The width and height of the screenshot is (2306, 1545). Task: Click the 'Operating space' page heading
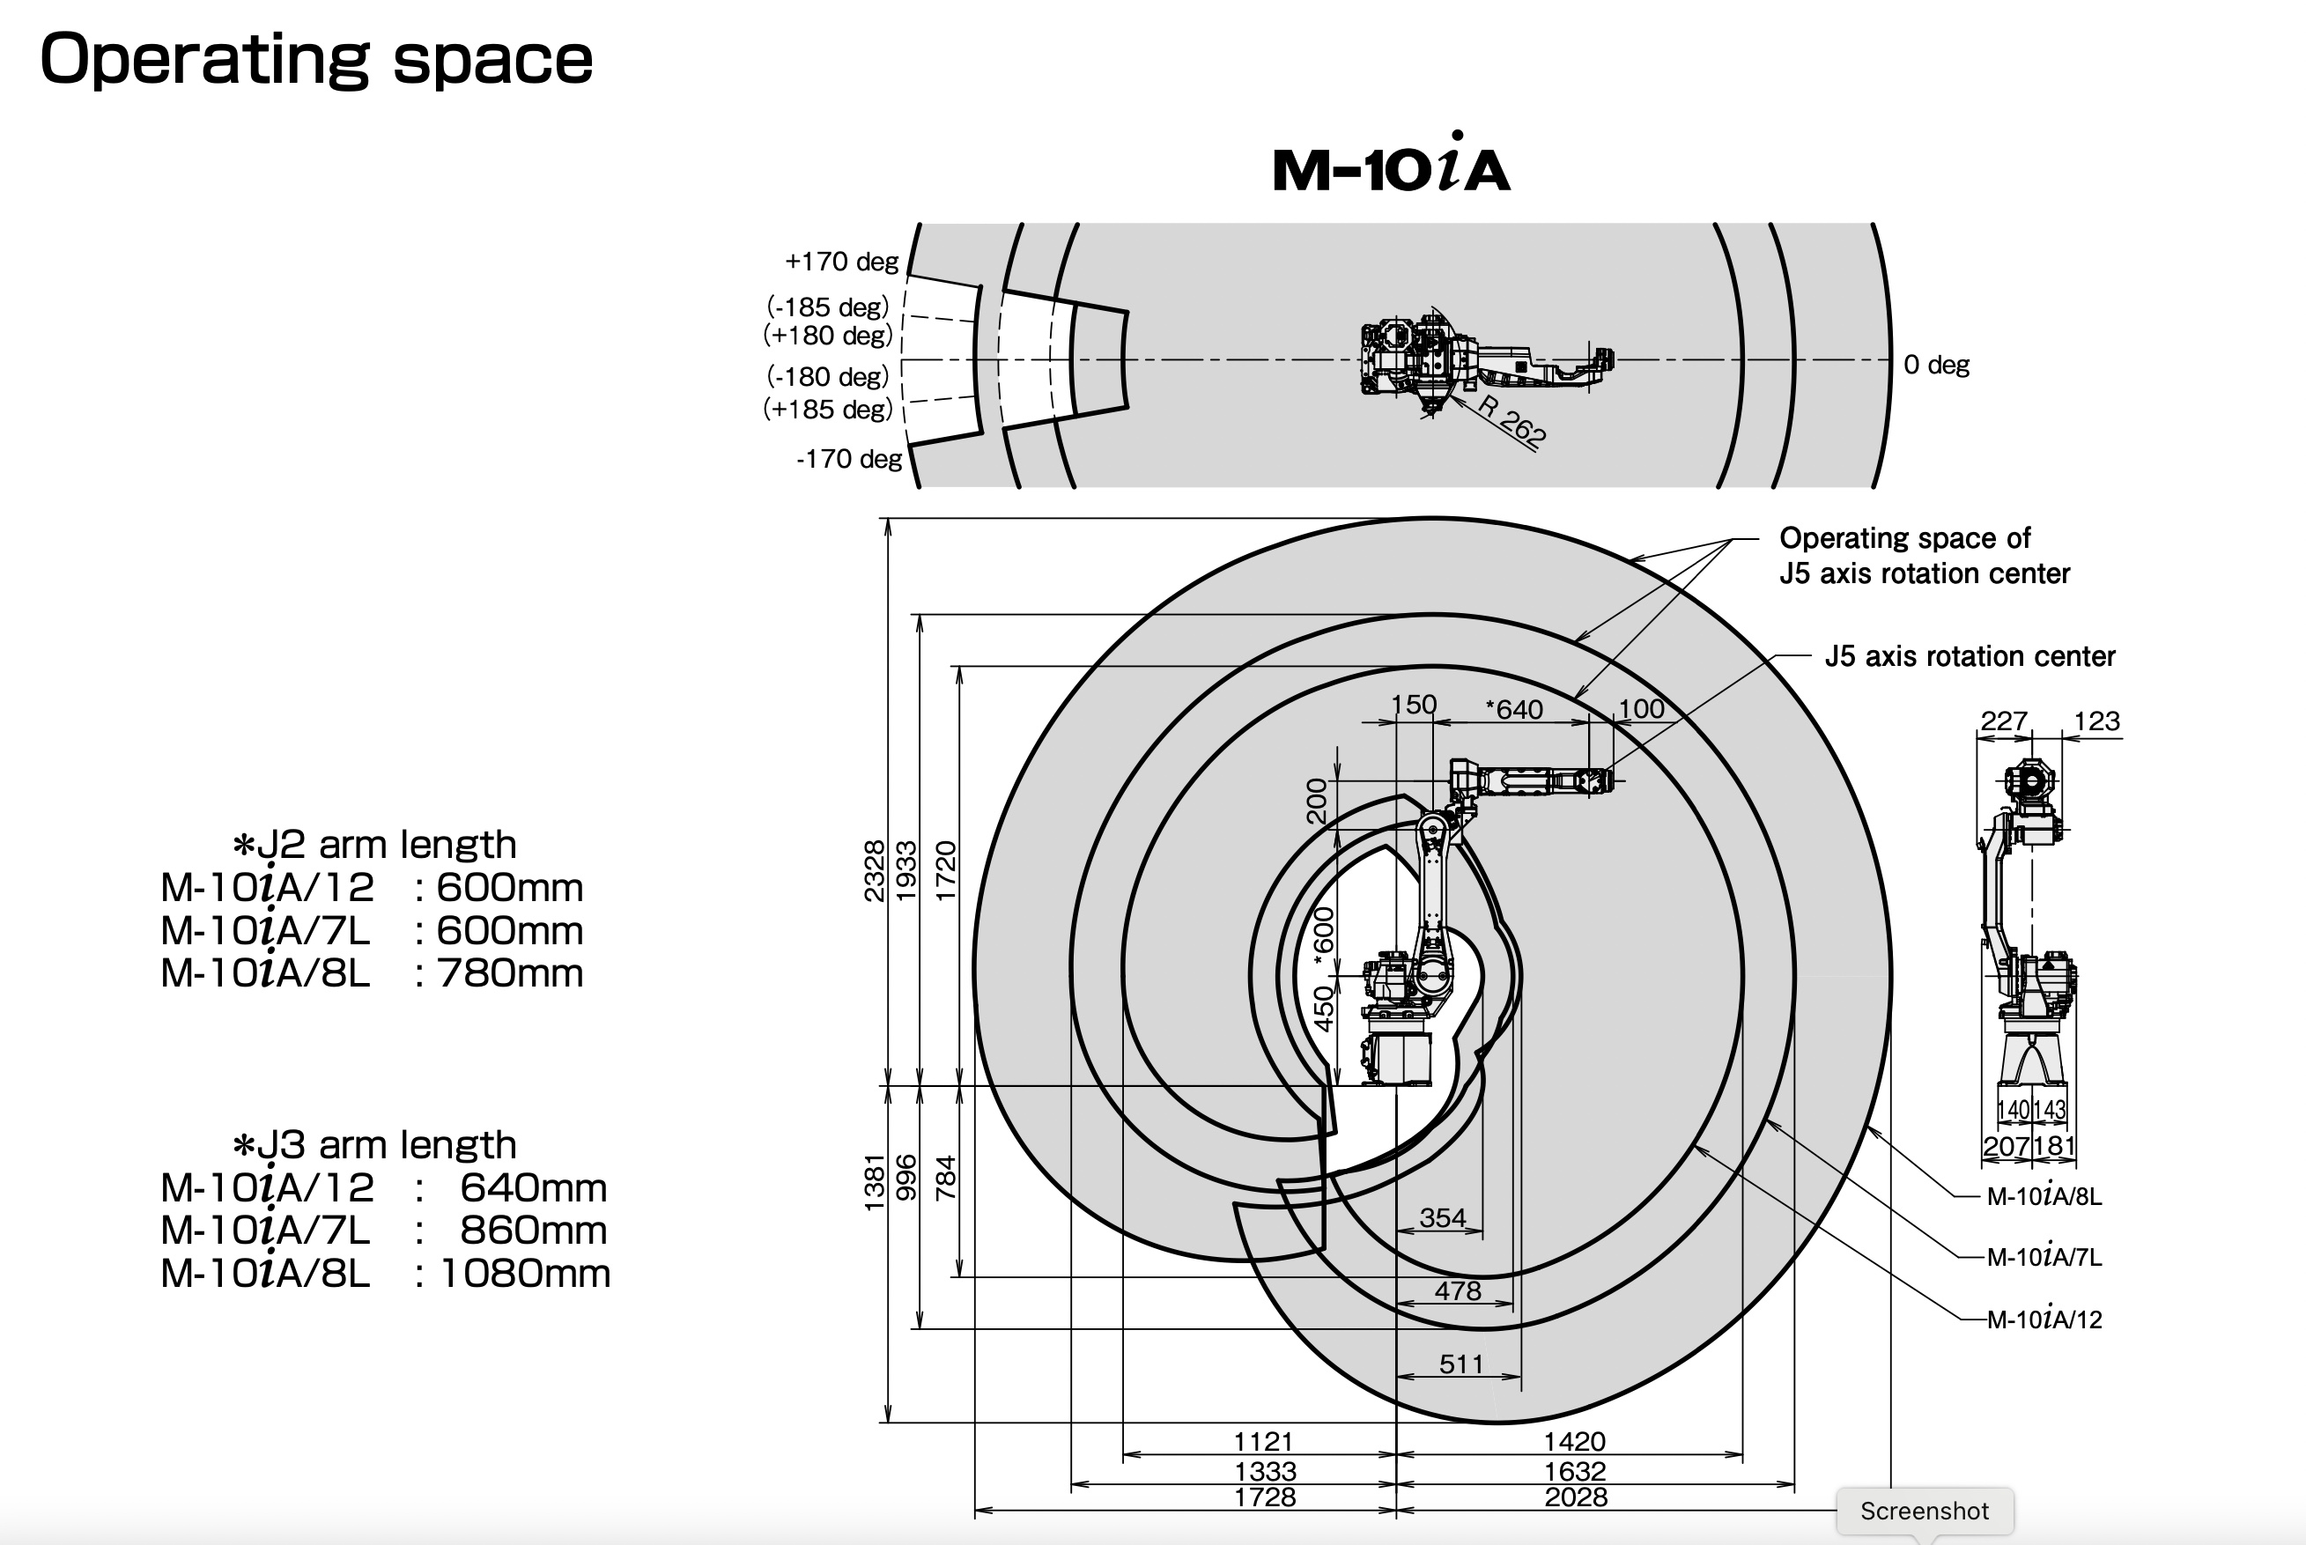pyautogui.click(x=315, y=59)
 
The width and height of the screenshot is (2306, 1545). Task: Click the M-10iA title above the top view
pyautogui.click(x=1391, y=167)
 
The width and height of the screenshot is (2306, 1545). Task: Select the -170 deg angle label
pyautogui.click(x=848, y=459)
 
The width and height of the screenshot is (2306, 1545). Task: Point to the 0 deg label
pyautogui.click(x=1936, y=365)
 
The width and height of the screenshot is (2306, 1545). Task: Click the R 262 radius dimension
pyautogui.click(x=1512, y=422)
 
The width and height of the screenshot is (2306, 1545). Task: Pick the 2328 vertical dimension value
pyautogui.click(x=874, y=871)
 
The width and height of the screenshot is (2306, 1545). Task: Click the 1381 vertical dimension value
pyautogui.click(x=874, y=1182)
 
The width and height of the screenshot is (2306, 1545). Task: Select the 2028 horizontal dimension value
pyautogui.click(x=1575, y=1497)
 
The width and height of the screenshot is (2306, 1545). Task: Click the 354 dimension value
pyautogui.click(x=1442, y=1218)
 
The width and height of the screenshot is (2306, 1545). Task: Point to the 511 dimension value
pyautogui.click(x=1460, y=1364)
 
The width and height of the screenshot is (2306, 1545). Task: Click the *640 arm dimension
pyautogui.click(x=1514, y=709)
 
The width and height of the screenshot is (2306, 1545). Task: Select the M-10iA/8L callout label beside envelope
pyautogui.click(x=2044, y=1196)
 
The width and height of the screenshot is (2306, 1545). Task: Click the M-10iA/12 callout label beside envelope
pyautogui.click(x=2044, y=1320)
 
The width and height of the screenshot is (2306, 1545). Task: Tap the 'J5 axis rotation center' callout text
pyautogui.click(x=1970, y=656)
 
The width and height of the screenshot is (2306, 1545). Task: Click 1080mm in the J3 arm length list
pyautogui.click(x=524, y=1274)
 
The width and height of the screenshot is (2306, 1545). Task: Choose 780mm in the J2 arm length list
pyautogui.click(x=509, y=973)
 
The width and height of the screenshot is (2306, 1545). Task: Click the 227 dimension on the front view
pyautogui.click(x=2004, y=721)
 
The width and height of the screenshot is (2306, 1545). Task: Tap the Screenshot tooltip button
pyautogui.click(x=1924, y=1511)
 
